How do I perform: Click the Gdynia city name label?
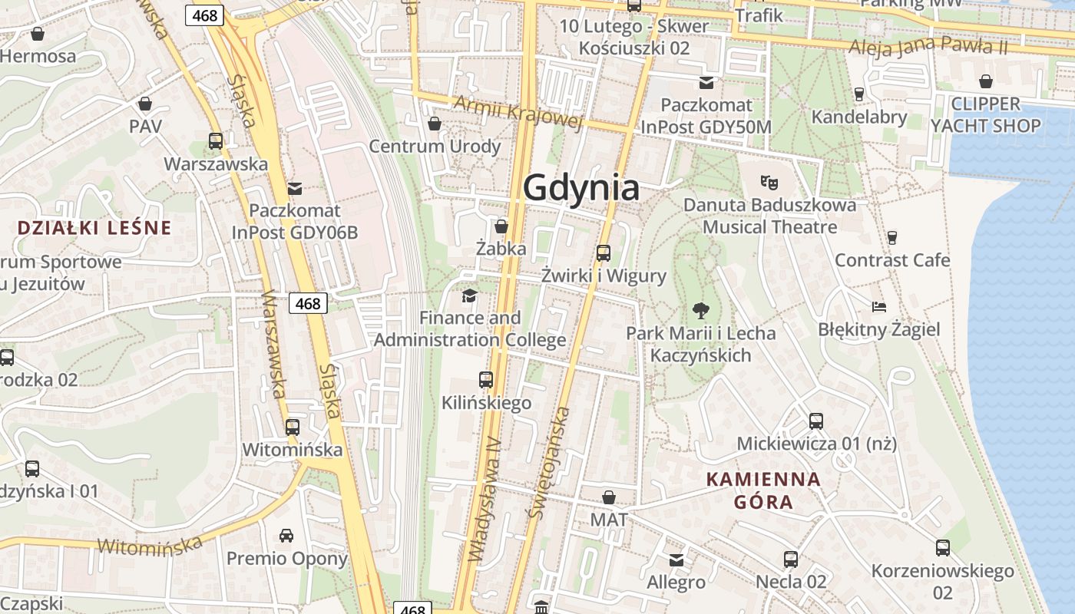click(x=581, y=187)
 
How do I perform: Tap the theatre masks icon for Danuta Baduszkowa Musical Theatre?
click(x=769, y=183)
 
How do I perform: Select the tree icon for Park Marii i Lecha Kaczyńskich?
click(x=700, y=311)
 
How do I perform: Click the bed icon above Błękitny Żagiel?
click(x=879, y=307)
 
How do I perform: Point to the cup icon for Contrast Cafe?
click(x=892, y=238)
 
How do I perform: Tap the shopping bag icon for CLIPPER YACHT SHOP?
click(x=986, y=81)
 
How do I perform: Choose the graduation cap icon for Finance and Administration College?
click(x=469, y=295)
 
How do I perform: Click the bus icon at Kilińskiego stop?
click(x=486, y=379)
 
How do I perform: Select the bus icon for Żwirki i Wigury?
click(x=604, y=253)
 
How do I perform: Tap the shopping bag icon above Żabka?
click(x=501, y=226)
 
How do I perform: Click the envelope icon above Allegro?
click(x=676, y=560)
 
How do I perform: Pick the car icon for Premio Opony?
click(x=286, y=536)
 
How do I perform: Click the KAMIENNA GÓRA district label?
click(x=763, y=490)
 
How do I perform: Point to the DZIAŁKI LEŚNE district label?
click(x=94, y=227)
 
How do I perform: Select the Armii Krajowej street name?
click(x=518, y=111)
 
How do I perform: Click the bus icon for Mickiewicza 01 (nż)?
click(x=815, y=421)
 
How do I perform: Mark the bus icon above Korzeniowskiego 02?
click(x=942, y=548)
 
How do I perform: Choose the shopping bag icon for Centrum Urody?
click(x=435, y=124)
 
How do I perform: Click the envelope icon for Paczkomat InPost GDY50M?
click(x=706, y=83)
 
